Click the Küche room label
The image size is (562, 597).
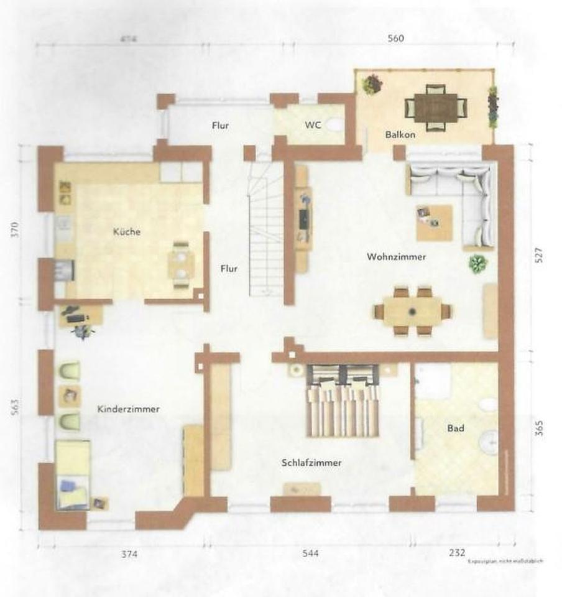pos(127,232)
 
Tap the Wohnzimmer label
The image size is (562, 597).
pos(397,256)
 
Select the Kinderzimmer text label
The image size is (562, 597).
pos(129,409)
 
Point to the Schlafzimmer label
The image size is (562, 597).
pos(311,463)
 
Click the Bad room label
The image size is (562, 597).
pos(455,428)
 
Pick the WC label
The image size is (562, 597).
pos(313,125)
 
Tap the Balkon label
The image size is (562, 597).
pos(400,134)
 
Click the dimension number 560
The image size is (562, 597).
pos(395,39)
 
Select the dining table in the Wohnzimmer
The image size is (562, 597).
pos(412,310)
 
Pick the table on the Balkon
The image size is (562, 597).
pos(436,107)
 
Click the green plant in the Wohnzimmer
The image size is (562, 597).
pos(477,264)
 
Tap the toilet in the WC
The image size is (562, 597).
pos(334,124)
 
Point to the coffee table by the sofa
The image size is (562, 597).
pos(434,222)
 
